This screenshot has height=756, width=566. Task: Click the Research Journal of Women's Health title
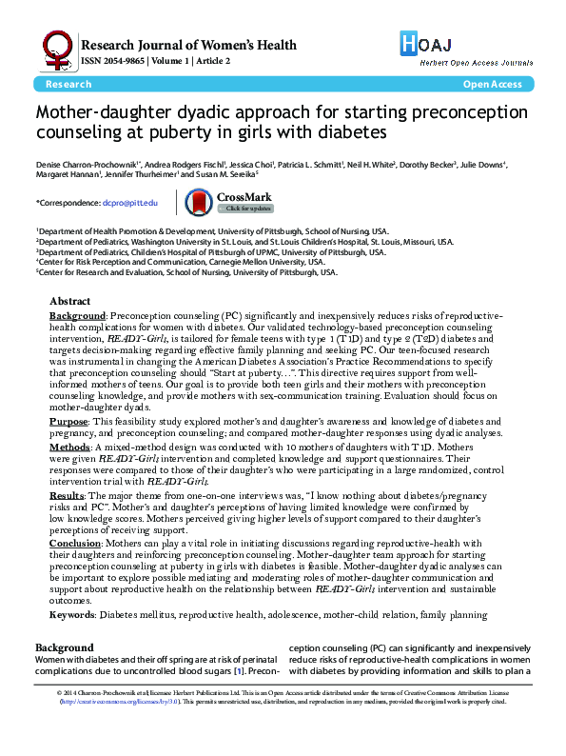point(188,44)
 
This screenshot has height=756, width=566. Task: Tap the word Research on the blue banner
point(68,85)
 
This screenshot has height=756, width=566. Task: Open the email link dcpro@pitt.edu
point(131,203)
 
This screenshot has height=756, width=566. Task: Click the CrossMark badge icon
point(198,201)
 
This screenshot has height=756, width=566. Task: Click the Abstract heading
point(72,300)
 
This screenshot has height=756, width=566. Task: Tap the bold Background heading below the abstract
point(63,647)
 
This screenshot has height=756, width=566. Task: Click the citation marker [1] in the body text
point(242,671)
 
